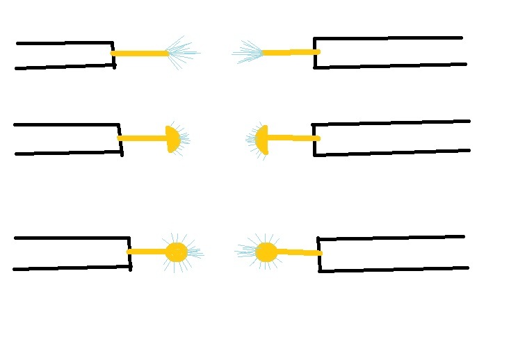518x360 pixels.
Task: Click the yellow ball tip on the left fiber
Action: click(177, 252)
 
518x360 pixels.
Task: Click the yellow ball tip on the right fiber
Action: click(266, 252)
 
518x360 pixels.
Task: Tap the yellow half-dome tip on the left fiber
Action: click(173, 139)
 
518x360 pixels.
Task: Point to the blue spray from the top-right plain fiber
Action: click(248, 52)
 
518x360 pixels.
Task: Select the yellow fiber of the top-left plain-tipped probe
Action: click(139, 54)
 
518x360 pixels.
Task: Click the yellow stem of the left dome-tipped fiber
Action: click(143, 138)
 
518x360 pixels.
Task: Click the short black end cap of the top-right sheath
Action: click(315, 53)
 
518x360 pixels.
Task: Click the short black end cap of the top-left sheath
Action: click(113, 54)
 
